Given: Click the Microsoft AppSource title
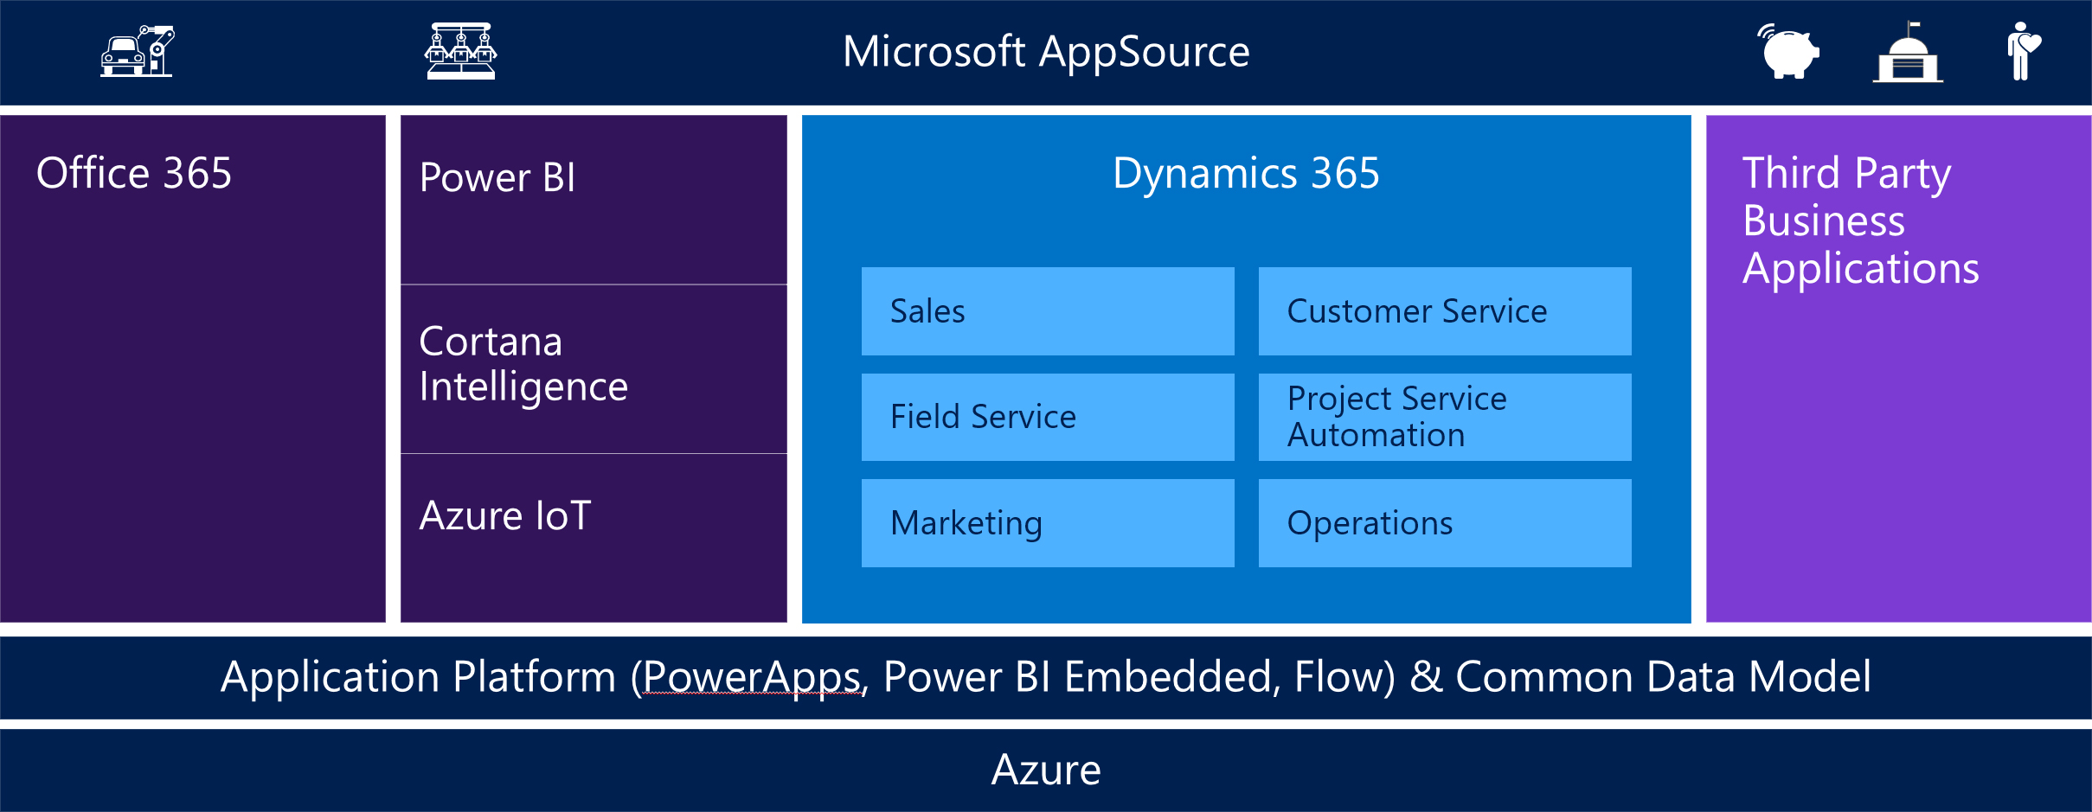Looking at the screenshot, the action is tap(1046, 52).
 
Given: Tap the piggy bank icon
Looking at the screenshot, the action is tap(1789, 51).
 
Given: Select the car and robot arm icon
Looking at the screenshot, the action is tap(138, 51).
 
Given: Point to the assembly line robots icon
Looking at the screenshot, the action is tap(461, 51).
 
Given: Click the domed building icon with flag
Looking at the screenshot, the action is tap(1908, 52).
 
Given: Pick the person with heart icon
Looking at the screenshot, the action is tap(2023, 51).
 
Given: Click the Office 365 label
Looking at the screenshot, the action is tap(134, 173).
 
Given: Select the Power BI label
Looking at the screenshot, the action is tap(497, 177).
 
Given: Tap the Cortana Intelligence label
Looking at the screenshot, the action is tap(523, 364).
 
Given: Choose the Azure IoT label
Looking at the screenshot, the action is tap(505, 515).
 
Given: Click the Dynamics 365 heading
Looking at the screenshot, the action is tap(1246, 173).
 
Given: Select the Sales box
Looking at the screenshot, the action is tap(1048, 311).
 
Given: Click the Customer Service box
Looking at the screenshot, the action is tap(1445, 311).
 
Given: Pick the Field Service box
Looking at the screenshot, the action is tap(1048, 417).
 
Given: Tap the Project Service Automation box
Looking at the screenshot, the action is tap(1445, 417).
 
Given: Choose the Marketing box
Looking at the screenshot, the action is tap(1048, 523).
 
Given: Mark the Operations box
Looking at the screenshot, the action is tap(1445, 523).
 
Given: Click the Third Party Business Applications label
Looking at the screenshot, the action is tap(1860, 221).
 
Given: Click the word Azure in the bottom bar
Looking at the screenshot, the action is tap(1046, 770).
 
